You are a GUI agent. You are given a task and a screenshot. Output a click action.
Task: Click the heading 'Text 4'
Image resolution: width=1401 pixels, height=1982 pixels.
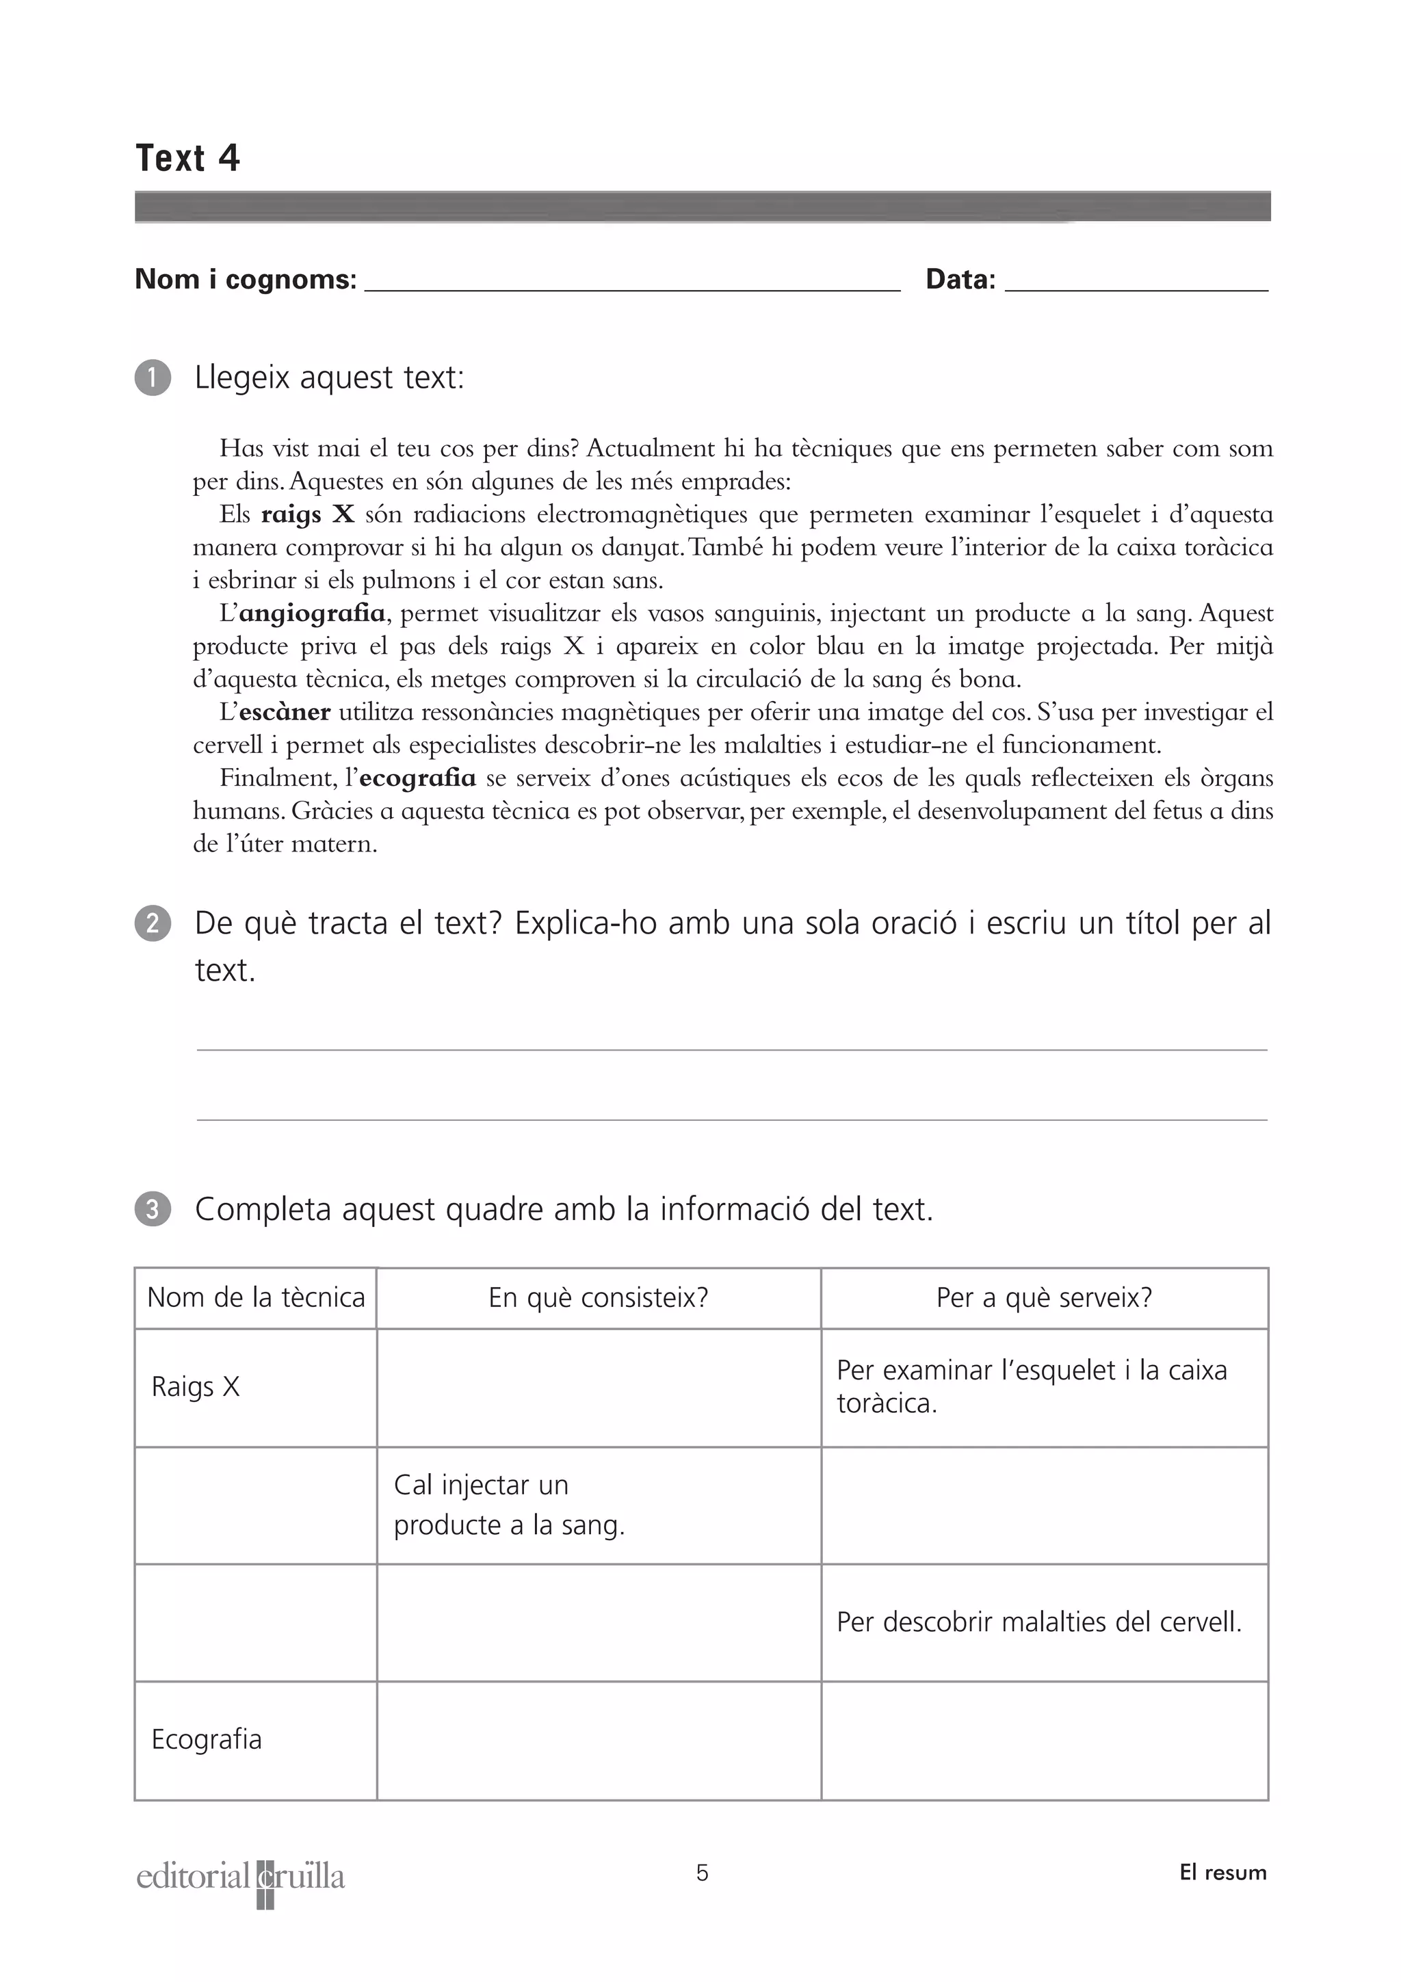[187, 158]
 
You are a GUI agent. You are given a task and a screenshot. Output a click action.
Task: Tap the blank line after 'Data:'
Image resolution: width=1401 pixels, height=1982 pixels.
[1136, 285]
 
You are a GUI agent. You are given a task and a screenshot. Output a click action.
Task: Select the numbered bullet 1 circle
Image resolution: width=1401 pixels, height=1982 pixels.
[153, 378]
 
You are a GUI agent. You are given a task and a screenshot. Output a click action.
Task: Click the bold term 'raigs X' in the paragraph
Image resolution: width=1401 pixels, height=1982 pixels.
[307, 514]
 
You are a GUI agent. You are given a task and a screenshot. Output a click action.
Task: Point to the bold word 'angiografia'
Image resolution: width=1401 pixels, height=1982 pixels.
[312, 613]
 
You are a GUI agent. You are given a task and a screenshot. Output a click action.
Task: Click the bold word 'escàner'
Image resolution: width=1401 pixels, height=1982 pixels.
[284, 712]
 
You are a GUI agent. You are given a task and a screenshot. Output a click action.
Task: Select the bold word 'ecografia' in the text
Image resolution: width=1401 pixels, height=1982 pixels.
[417, 778]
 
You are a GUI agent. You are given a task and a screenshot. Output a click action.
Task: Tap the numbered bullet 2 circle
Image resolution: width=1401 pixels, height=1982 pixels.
[153, 924]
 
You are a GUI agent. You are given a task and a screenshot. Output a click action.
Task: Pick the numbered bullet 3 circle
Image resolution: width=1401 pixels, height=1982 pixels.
[153, 1209]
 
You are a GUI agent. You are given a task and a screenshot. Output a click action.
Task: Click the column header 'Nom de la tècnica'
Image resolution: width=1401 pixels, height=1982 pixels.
[256, 1297]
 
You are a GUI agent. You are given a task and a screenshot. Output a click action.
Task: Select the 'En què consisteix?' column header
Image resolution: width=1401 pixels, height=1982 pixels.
[598, 1297]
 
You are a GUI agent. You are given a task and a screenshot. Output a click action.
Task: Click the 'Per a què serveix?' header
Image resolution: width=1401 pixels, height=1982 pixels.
[1044, 1297]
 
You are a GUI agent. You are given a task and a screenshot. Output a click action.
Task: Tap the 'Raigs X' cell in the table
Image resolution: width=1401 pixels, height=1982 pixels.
[196, 1386]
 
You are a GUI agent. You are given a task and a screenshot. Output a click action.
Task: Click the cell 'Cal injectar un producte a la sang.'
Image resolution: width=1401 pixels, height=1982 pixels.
[508, 1505]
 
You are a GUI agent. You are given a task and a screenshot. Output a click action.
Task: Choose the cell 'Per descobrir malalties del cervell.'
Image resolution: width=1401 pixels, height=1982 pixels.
[1038, 1622]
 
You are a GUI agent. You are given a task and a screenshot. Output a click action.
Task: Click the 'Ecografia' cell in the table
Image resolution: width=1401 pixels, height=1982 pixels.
[207, 1739]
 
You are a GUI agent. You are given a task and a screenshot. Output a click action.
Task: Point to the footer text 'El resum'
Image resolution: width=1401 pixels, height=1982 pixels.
[1222, 1873]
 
